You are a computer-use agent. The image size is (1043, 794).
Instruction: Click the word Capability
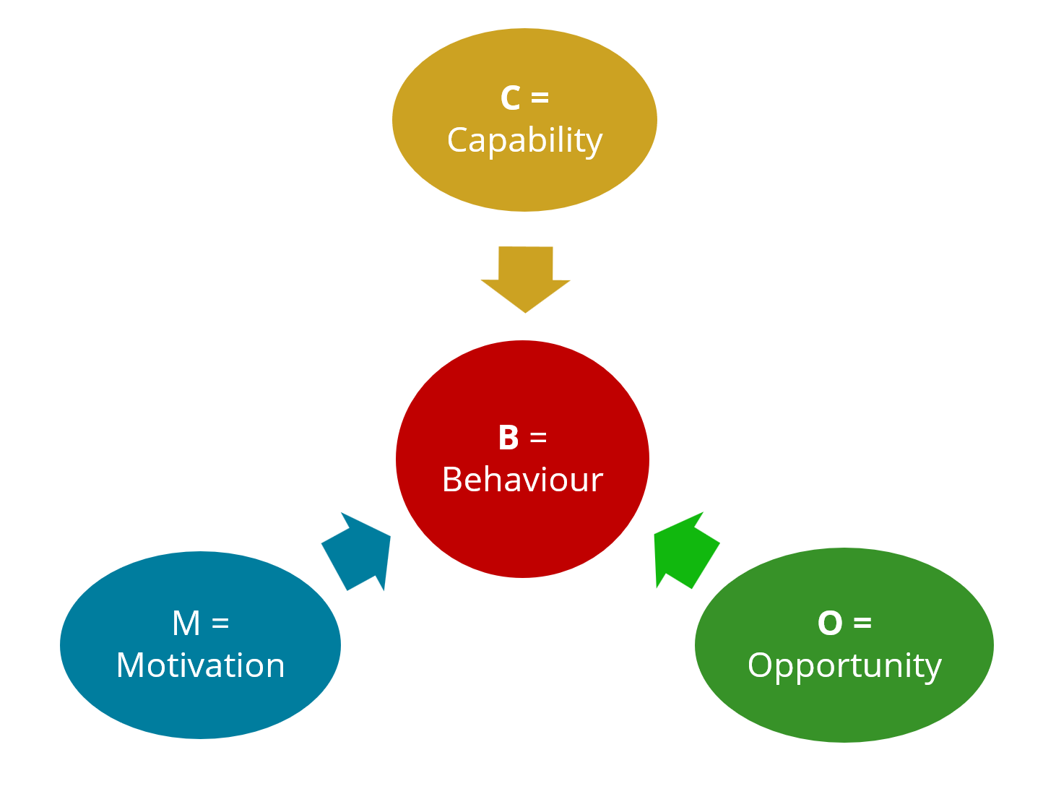click(524, 140)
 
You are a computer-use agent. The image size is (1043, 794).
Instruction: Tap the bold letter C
click(510, 98)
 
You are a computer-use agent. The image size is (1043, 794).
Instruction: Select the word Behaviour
click(522, 480)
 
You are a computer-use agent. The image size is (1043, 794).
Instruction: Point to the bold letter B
click(508, 438)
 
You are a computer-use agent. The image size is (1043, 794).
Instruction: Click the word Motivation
click(200, 665)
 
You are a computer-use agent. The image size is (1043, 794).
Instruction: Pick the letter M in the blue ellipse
click(186, 623)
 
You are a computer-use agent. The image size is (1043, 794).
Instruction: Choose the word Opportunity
click(844, 665)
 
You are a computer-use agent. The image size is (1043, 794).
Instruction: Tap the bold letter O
click(830, 623)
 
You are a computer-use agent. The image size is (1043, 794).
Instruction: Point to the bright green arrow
click(683, 551)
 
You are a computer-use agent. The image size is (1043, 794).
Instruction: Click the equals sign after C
click(540, 98)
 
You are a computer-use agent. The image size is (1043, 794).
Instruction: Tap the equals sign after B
click(538, 438)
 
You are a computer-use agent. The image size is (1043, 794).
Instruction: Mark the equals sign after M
click(220, 623)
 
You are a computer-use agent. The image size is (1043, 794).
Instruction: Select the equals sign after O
click(862, 623)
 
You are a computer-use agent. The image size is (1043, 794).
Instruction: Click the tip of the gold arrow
click(525, 310)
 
